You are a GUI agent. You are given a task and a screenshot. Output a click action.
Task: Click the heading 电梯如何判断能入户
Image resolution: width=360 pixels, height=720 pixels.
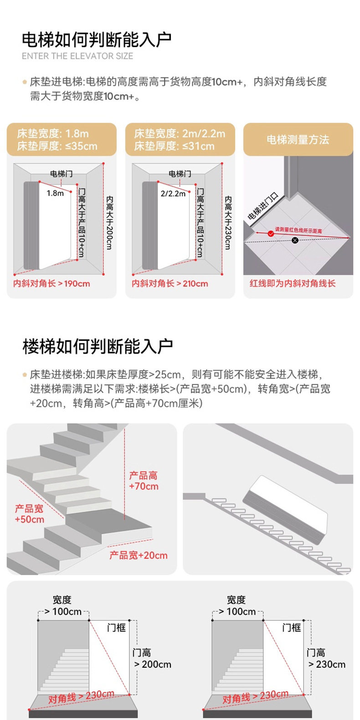click(97, 40)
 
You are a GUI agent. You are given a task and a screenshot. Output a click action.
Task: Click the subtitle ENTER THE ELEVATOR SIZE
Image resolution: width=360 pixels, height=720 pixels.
click(77, 56)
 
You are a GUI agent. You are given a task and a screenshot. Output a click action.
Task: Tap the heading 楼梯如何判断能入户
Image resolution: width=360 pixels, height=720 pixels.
click(98, 346)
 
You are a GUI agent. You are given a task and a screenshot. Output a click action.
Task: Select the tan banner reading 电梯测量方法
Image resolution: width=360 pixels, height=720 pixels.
click(298, 140)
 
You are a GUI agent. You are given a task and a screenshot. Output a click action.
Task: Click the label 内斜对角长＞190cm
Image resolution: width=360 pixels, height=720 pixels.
click(51, 283)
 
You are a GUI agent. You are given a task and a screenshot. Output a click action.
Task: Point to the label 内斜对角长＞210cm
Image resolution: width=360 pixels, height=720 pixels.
click(170, 283)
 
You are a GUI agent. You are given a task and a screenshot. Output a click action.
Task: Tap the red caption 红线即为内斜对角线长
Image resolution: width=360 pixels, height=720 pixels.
click(292, 283)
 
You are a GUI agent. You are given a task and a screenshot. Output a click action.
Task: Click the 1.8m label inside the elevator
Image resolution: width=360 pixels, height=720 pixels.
click(55, 193)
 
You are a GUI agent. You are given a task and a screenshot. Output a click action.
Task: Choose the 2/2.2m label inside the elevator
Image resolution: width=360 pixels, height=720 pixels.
click(173, 194)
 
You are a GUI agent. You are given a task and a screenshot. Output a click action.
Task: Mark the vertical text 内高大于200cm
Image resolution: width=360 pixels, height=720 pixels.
click(109, 223)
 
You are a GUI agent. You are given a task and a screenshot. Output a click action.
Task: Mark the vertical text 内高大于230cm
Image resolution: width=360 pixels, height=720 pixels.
click(228, 223)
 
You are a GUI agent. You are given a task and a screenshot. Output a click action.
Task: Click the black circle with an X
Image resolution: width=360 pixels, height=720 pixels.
click(295, 240)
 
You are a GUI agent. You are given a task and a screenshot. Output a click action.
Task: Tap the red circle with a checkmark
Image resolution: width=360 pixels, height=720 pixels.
click(271, 233)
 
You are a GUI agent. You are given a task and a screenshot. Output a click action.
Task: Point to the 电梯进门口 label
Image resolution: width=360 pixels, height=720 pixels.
click(263, 207)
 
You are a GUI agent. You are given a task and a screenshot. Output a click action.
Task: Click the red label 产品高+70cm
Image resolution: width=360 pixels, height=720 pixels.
click(144, 481)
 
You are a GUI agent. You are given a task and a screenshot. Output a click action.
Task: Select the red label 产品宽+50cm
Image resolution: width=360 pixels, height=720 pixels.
click(30, 514)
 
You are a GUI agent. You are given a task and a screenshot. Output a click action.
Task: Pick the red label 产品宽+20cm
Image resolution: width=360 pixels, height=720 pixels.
click(139, 555)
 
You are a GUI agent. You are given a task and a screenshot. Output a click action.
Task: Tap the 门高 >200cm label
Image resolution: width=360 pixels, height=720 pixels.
click(152, 659)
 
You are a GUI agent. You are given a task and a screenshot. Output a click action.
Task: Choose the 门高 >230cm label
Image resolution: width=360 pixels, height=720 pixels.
click(326, 659)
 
